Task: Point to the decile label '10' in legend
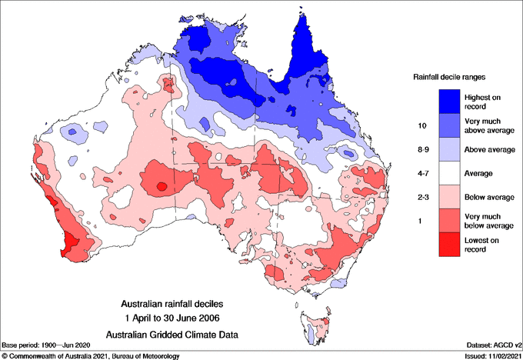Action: point(422,125)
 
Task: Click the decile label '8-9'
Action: point(422,149)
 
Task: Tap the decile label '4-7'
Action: point(422,174)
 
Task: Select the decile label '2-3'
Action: point(422,198)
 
